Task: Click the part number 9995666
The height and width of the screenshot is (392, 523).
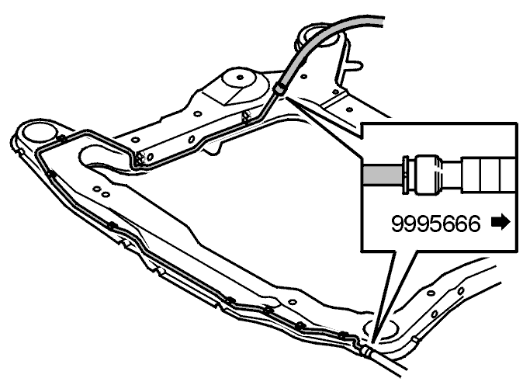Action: tap(435, 224)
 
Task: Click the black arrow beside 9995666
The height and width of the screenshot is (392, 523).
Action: tap(501, 222)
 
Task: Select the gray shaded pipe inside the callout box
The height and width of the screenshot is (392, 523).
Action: tap(383, 175)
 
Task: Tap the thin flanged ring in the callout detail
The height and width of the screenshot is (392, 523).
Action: tap(406, 175)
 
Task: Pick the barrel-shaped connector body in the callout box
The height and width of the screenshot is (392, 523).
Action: tap(428, 175)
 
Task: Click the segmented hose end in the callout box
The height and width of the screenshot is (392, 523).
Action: tap(488, 175)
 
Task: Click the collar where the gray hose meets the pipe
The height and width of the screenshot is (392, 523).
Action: tap(279, 88)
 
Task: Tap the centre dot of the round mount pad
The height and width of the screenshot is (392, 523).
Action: tap(240, 78)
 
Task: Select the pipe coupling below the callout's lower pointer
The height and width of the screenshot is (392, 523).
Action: tap(365, 351)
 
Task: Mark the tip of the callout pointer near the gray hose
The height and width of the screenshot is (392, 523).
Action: tap(286, 98)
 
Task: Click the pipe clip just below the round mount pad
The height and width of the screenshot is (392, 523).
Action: tap(247, 117)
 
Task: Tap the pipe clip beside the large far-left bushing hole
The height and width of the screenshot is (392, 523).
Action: tap(61, 138)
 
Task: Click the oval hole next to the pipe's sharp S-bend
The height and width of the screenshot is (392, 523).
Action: tap(150, 157)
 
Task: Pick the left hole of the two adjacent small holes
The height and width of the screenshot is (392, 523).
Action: tap(96, 189)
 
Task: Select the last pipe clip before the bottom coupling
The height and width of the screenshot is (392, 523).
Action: tap(343, 335)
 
